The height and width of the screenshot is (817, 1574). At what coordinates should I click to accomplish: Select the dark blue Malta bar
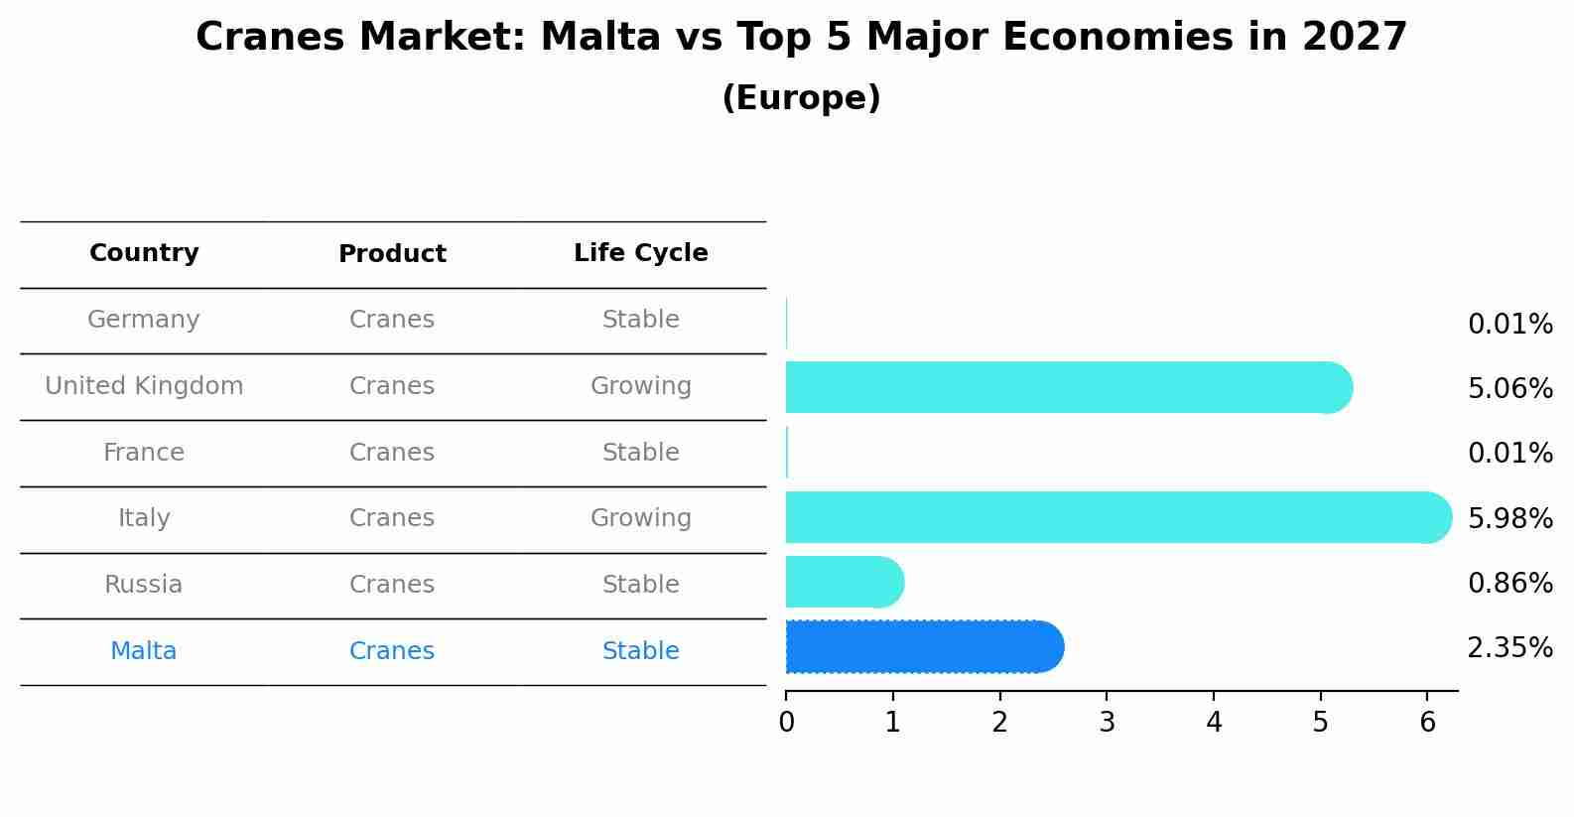coord(923,647)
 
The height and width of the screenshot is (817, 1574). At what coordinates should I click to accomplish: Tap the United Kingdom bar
coord(1067,387)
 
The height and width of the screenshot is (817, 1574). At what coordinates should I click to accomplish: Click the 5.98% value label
coord(1509,518)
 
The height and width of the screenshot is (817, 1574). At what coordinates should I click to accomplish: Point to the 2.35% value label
coord(1509,648)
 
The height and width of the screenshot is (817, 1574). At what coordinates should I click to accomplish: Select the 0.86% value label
coord(1509,583)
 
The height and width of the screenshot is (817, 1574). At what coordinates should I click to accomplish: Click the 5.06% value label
coord(1509,388)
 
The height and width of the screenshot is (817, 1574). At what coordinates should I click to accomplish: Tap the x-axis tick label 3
coord(1107,723)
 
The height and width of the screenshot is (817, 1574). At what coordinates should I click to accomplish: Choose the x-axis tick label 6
coord(1427,723)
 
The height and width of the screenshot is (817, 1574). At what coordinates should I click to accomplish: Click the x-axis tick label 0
coord(786,723)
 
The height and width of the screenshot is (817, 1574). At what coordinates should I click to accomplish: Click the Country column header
coord(144,253)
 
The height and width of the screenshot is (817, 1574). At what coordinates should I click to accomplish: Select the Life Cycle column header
coord(640,253)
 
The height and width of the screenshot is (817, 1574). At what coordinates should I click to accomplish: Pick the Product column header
coord(392,254)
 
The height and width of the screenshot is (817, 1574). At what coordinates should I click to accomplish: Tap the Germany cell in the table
coord(144,320)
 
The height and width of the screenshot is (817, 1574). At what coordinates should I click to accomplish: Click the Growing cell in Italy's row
coord(640,518)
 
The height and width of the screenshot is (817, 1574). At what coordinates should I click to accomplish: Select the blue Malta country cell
coord(144,651)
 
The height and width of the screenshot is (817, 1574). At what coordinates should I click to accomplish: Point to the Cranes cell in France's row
coord(392,453)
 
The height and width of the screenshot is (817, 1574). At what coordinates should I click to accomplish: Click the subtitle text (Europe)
coord(801,98)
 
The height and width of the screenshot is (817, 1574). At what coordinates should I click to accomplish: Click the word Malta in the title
coord(599,38)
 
